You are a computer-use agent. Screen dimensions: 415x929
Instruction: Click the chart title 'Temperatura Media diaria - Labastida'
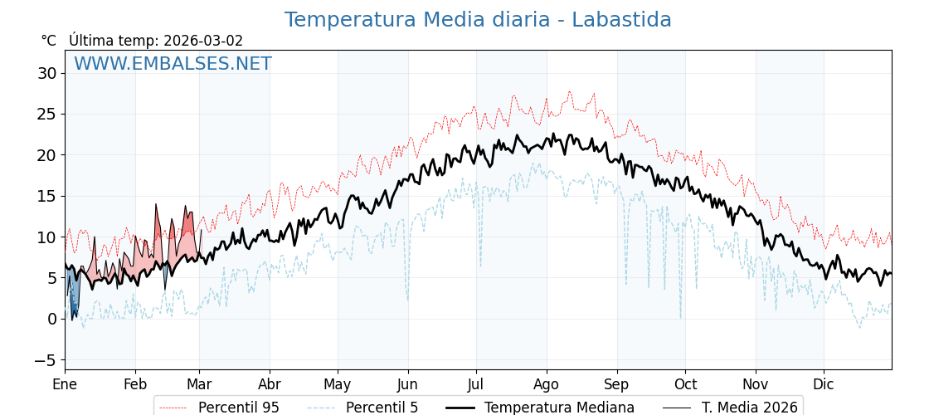click(x=478, y=20)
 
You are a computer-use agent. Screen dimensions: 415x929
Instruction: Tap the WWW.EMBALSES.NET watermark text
click(x=173, y=64)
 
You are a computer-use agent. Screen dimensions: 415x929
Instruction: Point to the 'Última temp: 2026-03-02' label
click(x=156, y=41)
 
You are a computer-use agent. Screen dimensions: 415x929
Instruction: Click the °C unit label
click(x=49, y=41)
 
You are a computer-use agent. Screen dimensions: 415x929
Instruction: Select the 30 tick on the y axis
click(x=46, y=73)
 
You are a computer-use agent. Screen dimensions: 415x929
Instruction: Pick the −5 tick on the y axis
click(x=45, y=360)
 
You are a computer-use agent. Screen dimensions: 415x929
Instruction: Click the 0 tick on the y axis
click(x=51, y=319)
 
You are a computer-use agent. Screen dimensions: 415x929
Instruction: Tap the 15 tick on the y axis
click(x=46, y=196)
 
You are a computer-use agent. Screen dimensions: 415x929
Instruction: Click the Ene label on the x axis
click(x=65, y=385)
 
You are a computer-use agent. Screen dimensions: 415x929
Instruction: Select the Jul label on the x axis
click(x=476, y=385)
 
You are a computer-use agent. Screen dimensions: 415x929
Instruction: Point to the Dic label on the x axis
click(x=824, y=385)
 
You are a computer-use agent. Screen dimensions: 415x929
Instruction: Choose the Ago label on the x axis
click(x=546, y=385)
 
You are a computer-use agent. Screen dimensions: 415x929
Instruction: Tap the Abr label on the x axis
click(x=270, y=385)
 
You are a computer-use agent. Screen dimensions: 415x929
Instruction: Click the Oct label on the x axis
click(x=685, y=385)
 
